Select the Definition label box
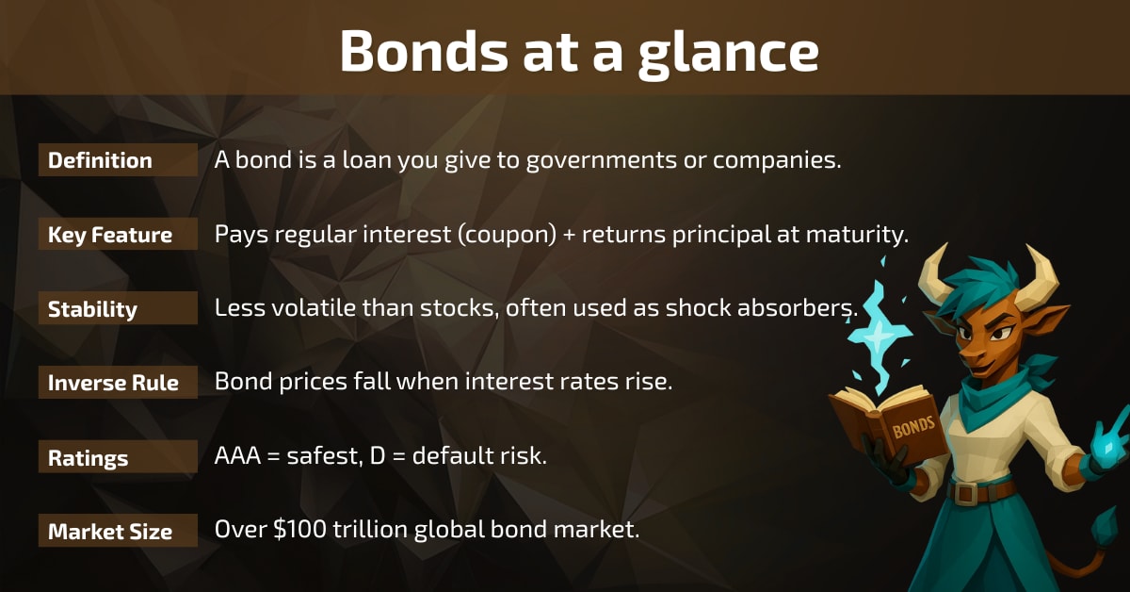coord(118,160)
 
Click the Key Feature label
coord(118,235)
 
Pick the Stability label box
coord(118,308)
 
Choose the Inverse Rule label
coord(118,383)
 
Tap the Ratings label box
coord(118,456)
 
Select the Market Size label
coord(118,531)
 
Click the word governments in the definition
coord(601,161)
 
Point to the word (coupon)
coord(507,235)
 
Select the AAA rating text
coord(237,455)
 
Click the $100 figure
coord(299,530)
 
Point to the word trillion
coord(370,530)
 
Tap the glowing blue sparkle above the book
coord(879,336)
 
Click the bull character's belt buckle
coord(965,492)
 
